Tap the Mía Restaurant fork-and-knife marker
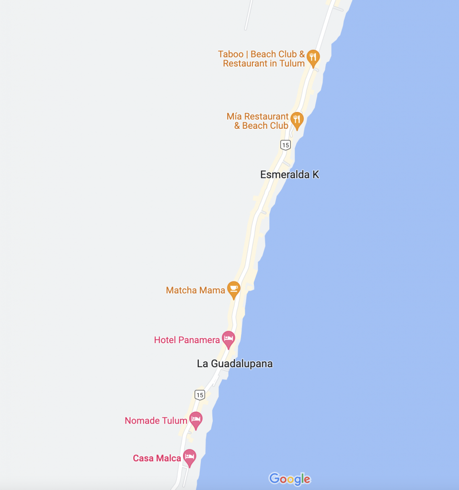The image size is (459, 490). coord(297,120)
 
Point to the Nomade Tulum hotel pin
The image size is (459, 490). coord(195,420)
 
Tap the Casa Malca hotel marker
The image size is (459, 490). coord(190,457)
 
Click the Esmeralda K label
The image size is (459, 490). coord(289,175)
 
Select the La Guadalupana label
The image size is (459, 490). coord(235,364)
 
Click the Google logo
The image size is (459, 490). coord(289,479)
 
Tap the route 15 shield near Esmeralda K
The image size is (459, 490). coord(286,145)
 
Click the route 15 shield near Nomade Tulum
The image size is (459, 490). coord(200,394)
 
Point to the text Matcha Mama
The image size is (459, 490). coord(195,290)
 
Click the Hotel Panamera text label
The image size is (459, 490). coord(187,340)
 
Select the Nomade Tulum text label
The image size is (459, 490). coord(156,421)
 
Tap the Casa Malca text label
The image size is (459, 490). coord(157,458)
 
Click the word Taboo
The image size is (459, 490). coord(231,55)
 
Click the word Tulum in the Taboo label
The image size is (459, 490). coord(293,64)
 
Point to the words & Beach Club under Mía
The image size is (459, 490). coord(261,126)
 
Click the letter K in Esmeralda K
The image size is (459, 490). coord(316,175)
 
